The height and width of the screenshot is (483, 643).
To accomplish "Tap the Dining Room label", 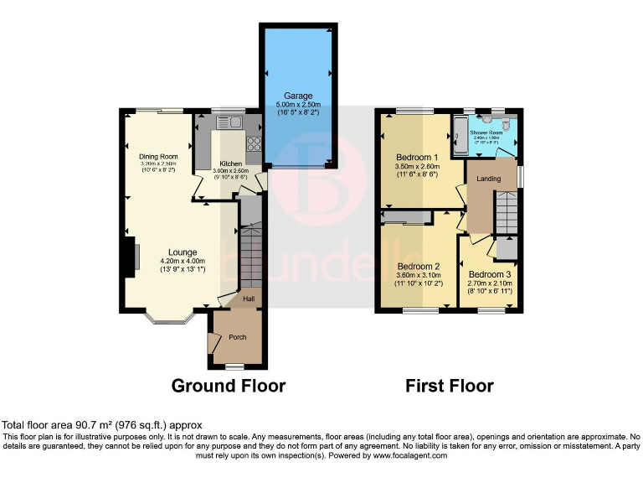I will [158, 156].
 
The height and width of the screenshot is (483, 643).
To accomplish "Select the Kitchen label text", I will [231, 164].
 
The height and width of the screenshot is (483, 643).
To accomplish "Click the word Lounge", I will [182, 252].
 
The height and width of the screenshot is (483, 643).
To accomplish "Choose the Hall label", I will [249, 299].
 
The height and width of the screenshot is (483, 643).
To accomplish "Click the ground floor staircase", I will [251, 252].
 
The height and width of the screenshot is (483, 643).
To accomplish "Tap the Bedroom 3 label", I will [489, 274].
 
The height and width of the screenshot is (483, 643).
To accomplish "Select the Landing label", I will [489, 179].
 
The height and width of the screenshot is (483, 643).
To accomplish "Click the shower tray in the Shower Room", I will [460, 138].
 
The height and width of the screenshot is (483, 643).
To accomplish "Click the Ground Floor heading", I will [229, 386].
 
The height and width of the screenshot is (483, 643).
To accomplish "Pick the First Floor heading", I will [450, 386].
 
